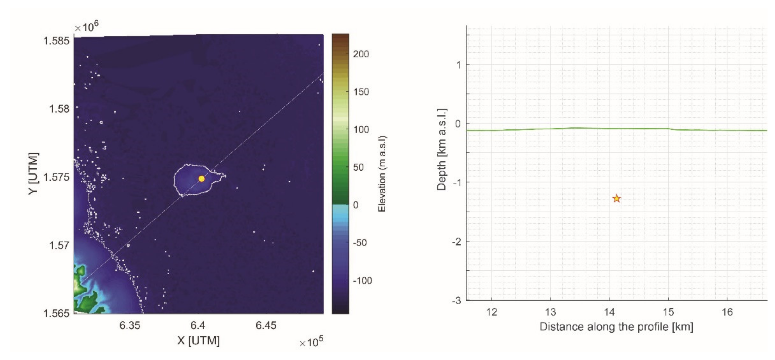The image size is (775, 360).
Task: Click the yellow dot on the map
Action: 202,178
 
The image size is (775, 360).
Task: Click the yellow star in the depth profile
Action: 617,198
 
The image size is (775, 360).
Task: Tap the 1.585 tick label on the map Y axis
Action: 57,41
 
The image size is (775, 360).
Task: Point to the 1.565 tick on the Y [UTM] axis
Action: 57,313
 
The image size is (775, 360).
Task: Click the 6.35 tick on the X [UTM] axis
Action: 130,325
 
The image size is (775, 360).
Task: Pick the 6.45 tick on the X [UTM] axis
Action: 266,325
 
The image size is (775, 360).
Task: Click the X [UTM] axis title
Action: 198,340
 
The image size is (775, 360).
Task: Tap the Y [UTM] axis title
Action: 33,174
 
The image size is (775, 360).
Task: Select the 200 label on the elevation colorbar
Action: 361,54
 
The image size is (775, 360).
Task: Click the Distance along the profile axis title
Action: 616,327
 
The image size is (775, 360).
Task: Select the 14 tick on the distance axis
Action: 609,312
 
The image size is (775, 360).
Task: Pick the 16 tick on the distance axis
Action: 727,312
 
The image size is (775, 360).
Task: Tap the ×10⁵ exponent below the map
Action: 311,342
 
